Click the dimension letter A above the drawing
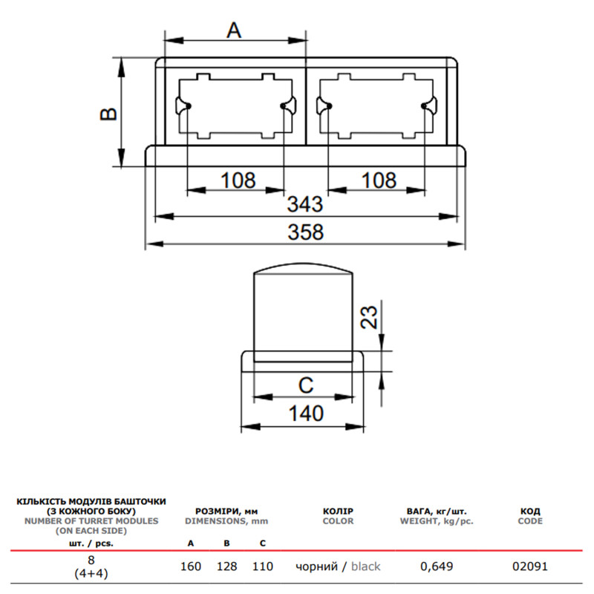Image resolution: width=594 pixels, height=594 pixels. coord(234,30)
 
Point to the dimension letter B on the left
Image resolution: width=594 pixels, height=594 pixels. coord(109,114)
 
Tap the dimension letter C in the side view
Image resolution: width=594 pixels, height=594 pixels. coord(306,385)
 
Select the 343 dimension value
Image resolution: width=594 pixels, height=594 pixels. coord(305,204)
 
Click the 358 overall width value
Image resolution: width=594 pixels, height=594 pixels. coord(305,232)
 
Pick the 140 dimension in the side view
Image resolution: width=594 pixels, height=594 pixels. coord(306,414)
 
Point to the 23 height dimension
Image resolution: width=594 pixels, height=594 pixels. coord(369,317)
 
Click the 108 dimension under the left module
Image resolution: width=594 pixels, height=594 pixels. coord(238,180)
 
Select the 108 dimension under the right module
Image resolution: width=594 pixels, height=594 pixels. coord(379,180)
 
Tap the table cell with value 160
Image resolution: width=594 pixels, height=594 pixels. coord(191,567)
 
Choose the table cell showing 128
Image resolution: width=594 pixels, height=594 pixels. coord(226,567)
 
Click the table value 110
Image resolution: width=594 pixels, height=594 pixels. coord(263,567)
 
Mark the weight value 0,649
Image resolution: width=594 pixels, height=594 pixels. coord(437,567)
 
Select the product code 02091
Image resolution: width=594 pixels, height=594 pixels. coord(530,567)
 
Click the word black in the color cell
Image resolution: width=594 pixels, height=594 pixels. coord(365,567)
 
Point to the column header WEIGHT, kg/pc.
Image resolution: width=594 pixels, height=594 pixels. coord(437,521)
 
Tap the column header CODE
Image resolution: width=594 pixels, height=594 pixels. coord(530,521)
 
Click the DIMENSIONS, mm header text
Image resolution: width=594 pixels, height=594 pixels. coord(226,521)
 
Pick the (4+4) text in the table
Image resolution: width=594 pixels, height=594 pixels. coord(91,574)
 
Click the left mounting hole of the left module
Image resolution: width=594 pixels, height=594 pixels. coord(189,106)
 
